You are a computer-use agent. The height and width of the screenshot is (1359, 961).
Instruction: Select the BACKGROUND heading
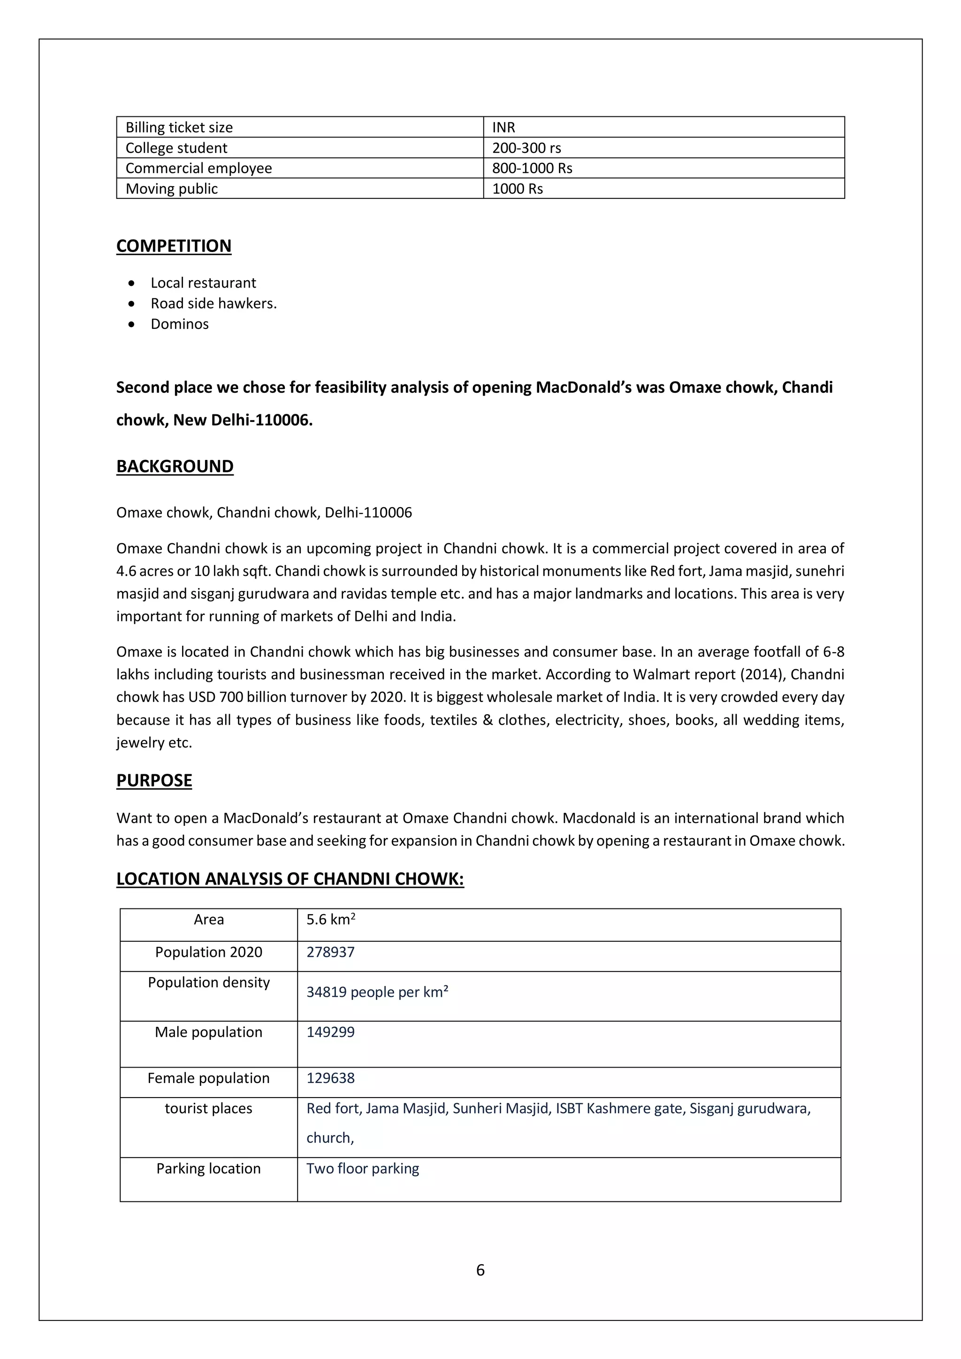click(175, 466)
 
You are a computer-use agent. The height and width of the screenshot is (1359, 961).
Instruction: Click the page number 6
click(480, 1270)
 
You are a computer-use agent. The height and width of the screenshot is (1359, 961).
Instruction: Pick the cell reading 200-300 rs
click(526, 148)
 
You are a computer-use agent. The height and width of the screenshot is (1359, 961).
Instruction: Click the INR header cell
click(503, 127)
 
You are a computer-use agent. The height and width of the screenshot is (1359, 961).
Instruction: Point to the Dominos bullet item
click(179, 324)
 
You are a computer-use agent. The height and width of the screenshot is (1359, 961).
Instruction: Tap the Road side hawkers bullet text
click(213, 303)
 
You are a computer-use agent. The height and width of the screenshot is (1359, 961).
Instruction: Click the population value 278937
click(330, 952)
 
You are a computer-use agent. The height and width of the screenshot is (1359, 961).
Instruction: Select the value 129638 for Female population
click(330, 1078)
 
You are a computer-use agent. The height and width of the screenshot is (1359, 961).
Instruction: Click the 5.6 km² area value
click(330, 919)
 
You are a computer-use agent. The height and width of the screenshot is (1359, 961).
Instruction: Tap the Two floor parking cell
click(362, 1168)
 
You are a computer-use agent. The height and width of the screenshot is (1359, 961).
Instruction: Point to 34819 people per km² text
click(377, 992)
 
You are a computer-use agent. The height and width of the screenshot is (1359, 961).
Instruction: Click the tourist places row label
click(208, 1108)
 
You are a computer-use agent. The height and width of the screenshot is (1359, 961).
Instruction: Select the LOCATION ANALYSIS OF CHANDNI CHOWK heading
click(290, 878)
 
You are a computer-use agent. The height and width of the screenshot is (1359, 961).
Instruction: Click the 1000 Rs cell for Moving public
click(517, 189)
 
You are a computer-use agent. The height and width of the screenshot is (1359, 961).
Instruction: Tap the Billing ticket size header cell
click(179, 127)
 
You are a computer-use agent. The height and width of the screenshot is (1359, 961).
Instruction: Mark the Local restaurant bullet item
click(203, 282)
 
